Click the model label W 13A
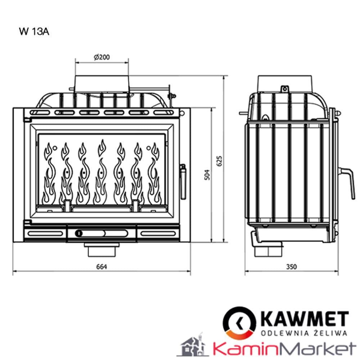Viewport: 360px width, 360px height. click(34, 32)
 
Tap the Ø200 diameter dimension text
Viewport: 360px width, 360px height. click(102, 57)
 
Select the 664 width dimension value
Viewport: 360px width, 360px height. click(102, 267)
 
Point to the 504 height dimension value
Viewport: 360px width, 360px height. click(207, 175)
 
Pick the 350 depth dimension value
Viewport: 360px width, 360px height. click(291, 267)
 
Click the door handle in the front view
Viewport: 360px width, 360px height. click(183, 182)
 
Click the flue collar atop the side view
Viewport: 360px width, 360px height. click(285, 84)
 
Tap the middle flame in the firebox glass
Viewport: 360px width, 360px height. click(101, 173)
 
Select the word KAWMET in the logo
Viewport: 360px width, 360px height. click(304, 319)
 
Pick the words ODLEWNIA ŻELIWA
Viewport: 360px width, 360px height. click(304, 333)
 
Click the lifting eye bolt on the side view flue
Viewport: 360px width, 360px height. click(285, 89)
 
